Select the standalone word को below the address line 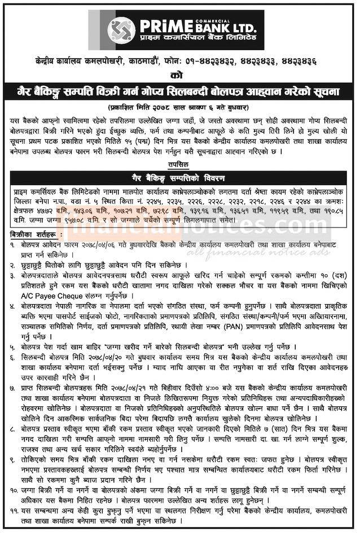179,74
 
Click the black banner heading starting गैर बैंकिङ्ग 179,91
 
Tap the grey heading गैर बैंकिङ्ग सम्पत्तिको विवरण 179,174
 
